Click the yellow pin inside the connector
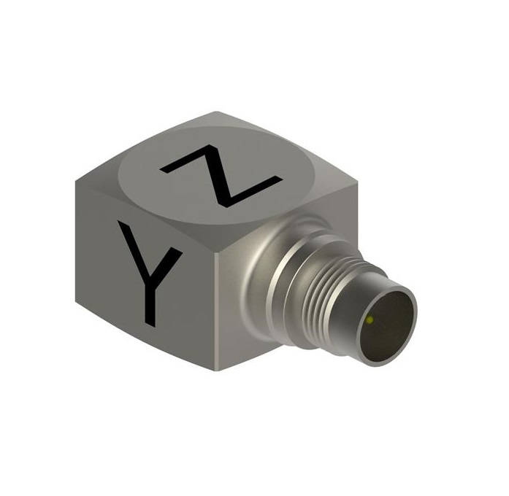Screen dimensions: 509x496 (370, 321)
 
